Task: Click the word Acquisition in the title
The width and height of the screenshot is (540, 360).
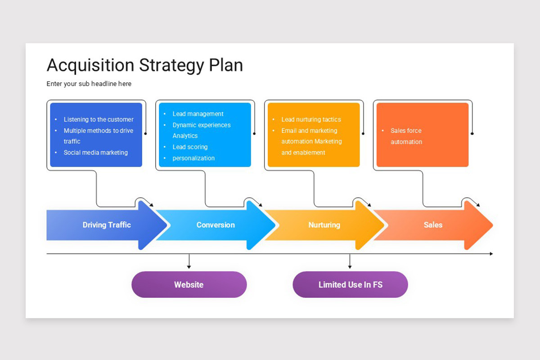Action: pos(90,65)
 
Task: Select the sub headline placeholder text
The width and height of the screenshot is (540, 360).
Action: pos(89,84)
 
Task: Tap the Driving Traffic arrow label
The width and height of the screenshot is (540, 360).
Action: pos(107,225)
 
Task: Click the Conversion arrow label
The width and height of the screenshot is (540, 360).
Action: pos(216,225)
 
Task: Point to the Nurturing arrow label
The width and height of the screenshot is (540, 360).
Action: pos(324,225)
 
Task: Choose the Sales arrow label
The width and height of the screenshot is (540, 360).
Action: pos(433,225)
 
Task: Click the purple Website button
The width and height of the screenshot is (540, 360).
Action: pos(189,284)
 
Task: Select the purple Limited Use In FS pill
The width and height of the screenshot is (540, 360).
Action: pos(350,284)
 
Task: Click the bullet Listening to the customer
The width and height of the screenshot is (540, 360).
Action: pos(99,120)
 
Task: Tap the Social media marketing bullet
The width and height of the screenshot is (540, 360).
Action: pos(96,153)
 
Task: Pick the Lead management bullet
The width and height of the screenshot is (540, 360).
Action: pos(198,114)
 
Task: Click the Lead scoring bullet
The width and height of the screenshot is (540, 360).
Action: pos(190,147)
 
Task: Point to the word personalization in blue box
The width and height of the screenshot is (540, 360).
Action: pos(193,158)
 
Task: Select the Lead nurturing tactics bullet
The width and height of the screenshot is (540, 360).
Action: pos(311,120)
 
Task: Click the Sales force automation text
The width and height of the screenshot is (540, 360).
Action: pos(406,136)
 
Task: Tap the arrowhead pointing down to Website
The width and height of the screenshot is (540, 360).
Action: pos(189,267)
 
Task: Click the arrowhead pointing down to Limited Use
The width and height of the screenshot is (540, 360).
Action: pos(350,267)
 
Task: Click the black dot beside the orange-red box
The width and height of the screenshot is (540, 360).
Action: pos(472,133)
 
